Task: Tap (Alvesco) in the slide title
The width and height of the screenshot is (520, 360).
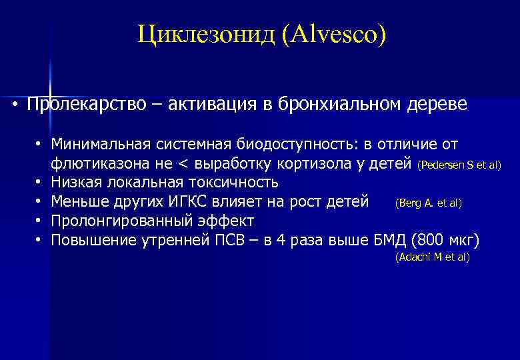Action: (333, 33)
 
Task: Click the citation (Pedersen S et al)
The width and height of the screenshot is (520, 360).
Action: (459, 165)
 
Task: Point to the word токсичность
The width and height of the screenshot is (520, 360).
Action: (227, 182)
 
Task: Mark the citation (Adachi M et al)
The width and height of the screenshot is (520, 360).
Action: (432, 257)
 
